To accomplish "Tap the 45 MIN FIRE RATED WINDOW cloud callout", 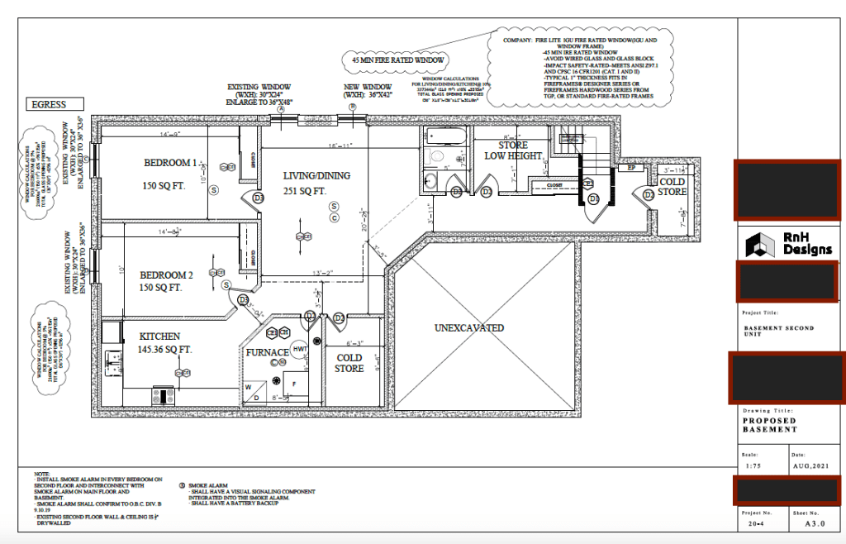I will click(399, 60).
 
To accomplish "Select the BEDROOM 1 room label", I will click(171, 162).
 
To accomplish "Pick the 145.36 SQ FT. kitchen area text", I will click(164, 350).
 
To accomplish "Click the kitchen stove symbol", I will click(160, 396).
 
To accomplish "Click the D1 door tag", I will click(593, 199).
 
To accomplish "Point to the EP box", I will click(631, 168).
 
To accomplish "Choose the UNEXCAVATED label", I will click(469, 328).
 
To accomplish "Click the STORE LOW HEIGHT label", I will click(513, 150).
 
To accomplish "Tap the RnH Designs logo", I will click(789, 244).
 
